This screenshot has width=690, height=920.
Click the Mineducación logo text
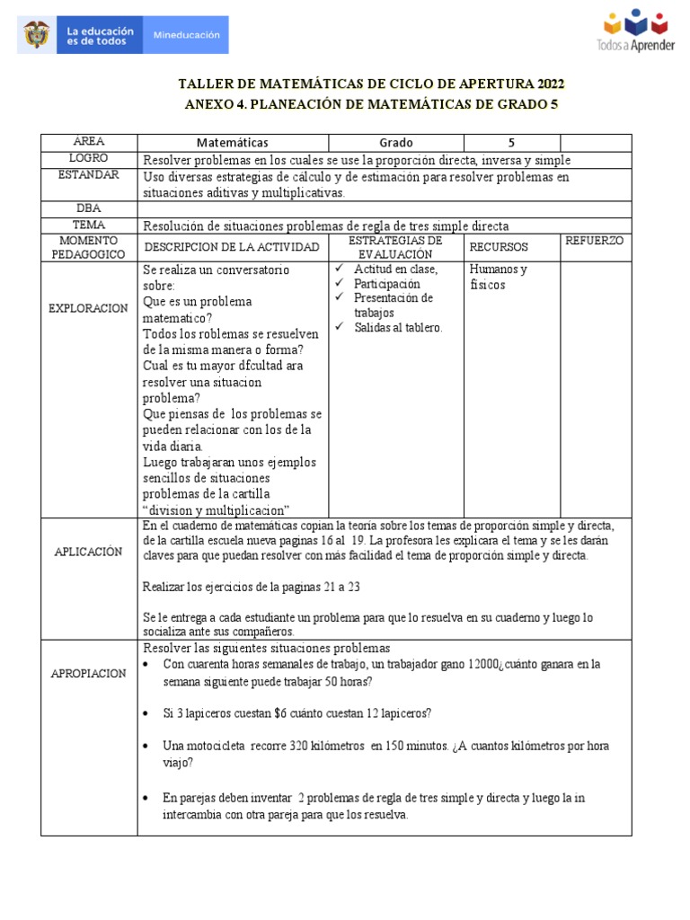187,35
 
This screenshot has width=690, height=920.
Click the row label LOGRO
88,159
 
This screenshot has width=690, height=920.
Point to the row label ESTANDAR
88,175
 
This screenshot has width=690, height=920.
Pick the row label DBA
88,208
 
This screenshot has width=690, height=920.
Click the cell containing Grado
395,142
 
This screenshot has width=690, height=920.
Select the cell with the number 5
511,142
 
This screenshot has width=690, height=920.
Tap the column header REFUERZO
596,241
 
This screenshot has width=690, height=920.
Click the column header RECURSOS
499,246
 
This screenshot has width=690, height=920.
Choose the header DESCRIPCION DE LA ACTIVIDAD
231,246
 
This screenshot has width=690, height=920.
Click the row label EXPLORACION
88,308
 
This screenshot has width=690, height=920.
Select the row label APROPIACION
88,673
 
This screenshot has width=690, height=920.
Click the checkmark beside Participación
339,284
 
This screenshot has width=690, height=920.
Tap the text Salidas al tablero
398,328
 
